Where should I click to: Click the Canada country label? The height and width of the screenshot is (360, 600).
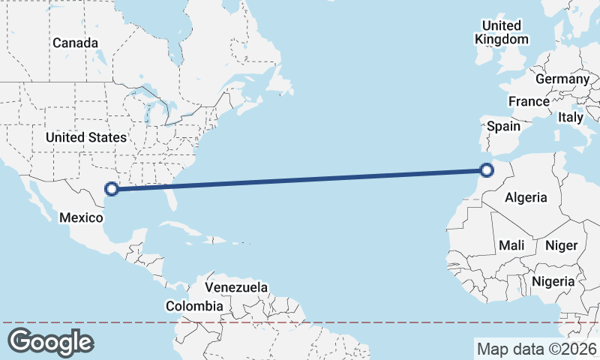pyautogui.click(x=75, y=43)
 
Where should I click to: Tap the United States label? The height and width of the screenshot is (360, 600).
pyautogui.click(x=85, y=137)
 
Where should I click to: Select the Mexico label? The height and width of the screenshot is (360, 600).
pyautogui.click(x=80, y=217)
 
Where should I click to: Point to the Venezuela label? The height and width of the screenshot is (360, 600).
pyautogui.click(x=236, y=287)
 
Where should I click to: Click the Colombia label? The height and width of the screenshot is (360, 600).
pyautogui.click(x=194, y=306)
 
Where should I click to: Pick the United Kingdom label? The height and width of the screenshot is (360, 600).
pyautogui.click(x=502, y=32)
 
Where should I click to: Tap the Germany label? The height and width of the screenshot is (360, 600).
pyautogui.click(x=562, y=79)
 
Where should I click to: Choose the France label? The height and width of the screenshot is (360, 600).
pyautogui.click(x=529, y=101)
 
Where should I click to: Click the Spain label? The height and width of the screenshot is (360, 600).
pyautogui.click(x=503, y=126)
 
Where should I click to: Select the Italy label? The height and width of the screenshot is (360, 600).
pyautogui.click(x=571, y=117)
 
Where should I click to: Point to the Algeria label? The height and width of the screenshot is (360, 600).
pyautogui.click(x=526, y=198)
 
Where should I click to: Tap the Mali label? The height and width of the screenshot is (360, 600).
pyautogui.click(x=512, y=245)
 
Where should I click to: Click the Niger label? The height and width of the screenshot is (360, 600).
pyautogui.click(x=561, y=245)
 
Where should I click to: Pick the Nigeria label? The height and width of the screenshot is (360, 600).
pyautogui.click(x=553, y=281)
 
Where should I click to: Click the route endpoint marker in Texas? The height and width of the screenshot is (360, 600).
pyautogui.click(x=112, y=189)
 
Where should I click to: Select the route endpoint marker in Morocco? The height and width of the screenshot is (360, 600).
pyautogui.click(x=487, y=170)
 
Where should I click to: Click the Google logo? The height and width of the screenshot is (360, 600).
pyautogui.click(x=51, y=342)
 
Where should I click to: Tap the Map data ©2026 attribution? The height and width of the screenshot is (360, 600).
pyautogui.click(x=537, y=349)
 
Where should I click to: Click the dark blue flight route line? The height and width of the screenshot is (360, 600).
pyautogui.click(x=300, y=180)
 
